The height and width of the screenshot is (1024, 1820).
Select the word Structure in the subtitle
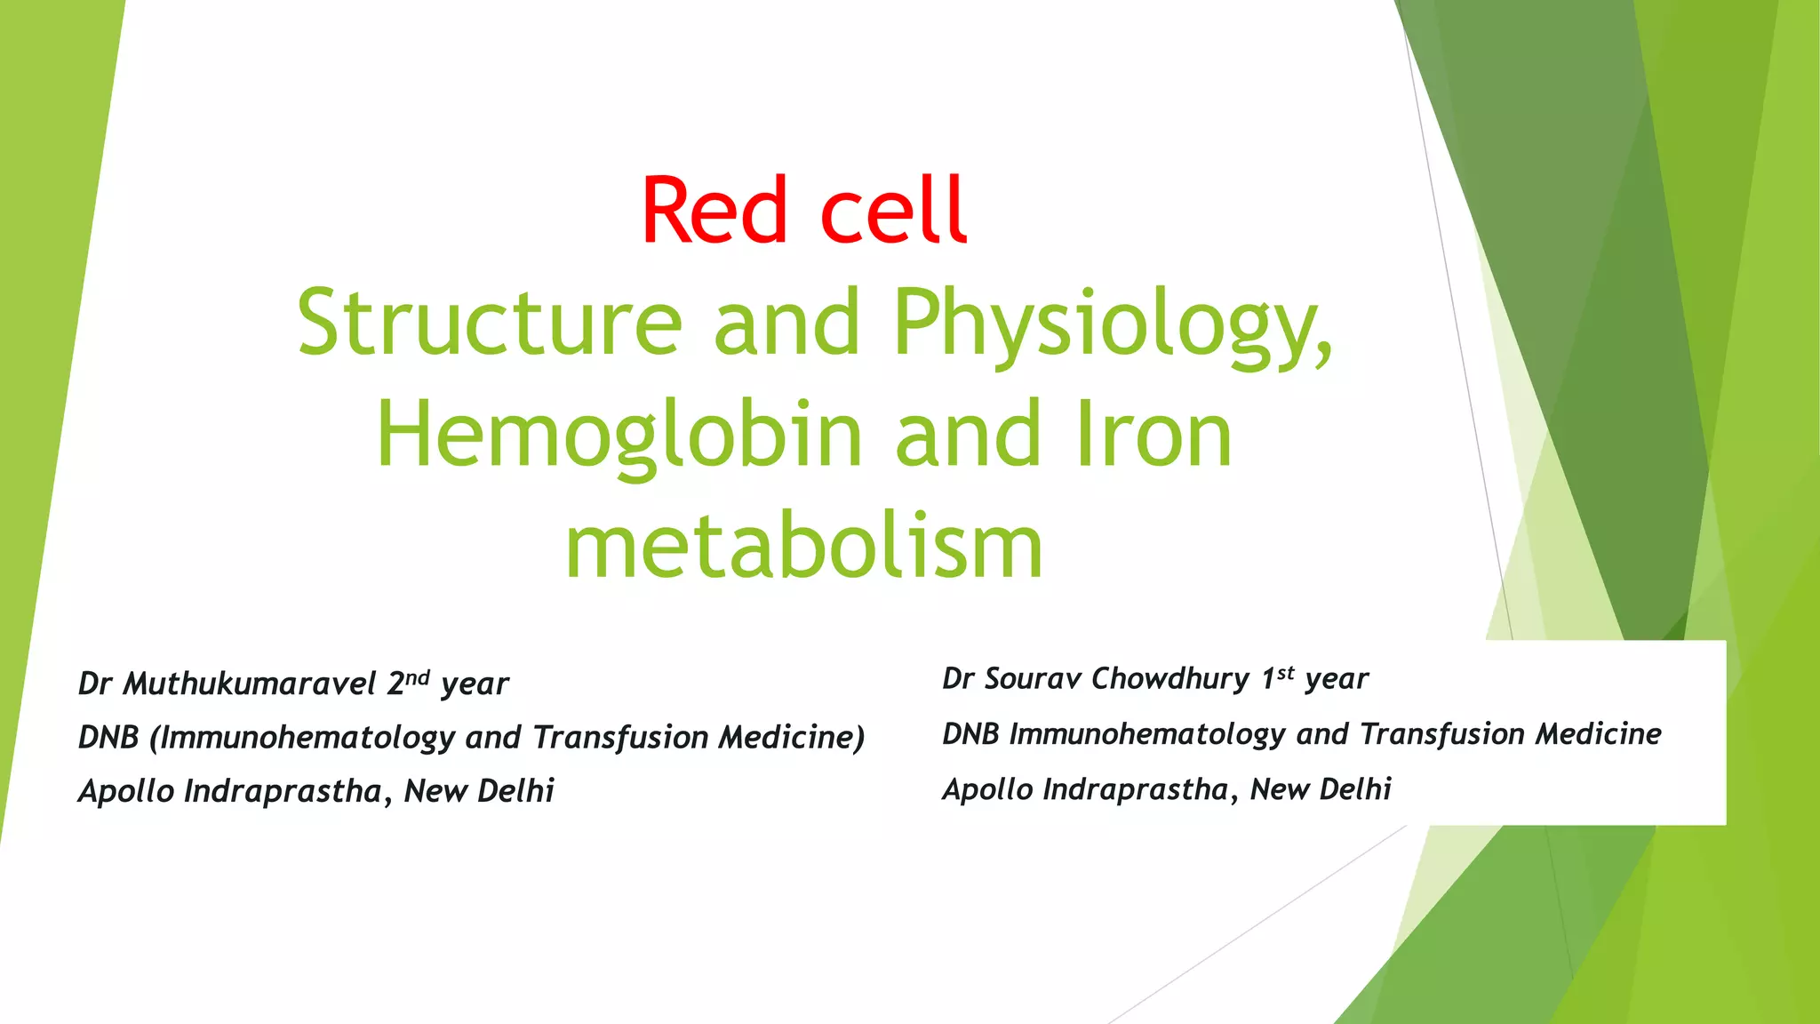pos(490,322)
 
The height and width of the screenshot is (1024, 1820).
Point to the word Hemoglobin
pos(619,434)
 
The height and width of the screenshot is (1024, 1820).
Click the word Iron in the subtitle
pos(1153,434)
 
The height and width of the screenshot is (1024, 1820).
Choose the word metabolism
pos(803,546)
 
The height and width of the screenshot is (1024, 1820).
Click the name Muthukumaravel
pos(250,684)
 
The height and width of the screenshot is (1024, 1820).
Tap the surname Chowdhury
pos(1170,679)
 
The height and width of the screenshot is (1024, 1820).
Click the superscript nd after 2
pos(418,677)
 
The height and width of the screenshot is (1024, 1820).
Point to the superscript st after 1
pos(1285,673)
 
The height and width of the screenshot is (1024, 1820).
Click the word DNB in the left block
pos(108,738)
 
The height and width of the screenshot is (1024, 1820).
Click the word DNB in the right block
pos(971,734)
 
